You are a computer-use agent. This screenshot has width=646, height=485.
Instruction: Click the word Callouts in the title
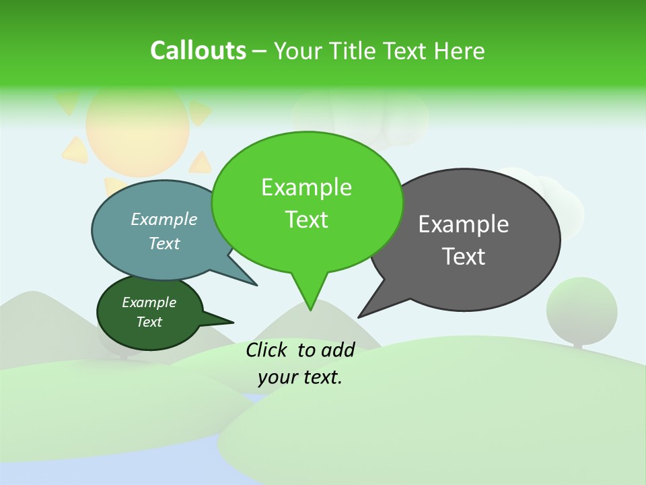tap(198, 51)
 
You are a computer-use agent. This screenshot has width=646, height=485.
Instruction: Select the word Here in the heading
tap(458, 51)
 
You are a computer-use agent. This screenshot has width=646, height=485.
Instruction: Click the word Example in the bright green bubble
tap(306, 188)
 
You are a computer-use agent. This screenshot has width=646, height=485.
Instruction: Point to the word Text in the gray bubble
tap(464, 257)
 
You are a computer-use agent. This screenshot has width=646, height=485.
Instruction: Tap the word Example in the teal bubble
tap(164, 220)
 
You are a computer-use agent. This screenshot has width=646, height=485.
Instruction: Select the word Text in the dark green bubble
tap(149, 322)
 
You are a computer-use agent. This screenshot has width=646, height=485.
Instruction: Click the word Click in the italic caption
tap(266, 350)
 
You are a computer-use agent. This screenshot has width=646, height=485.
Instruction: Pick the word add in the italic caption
tap(338, 350)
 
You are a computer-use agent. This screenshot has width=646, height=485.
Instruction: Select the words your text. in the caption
tap(300, 377)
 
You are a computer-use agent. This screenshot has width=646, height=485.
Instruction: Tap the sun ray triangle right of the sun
tap(200, 112)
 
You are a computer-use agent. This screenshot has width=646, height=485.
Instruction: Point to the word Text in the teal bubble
tap(164, 244)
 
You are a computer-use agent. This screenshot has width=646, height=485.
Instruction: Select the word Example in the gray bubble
tap(464, 224)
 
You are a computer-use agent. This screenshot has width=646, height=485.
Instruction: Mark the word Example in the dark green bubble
tap(149, 303)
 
